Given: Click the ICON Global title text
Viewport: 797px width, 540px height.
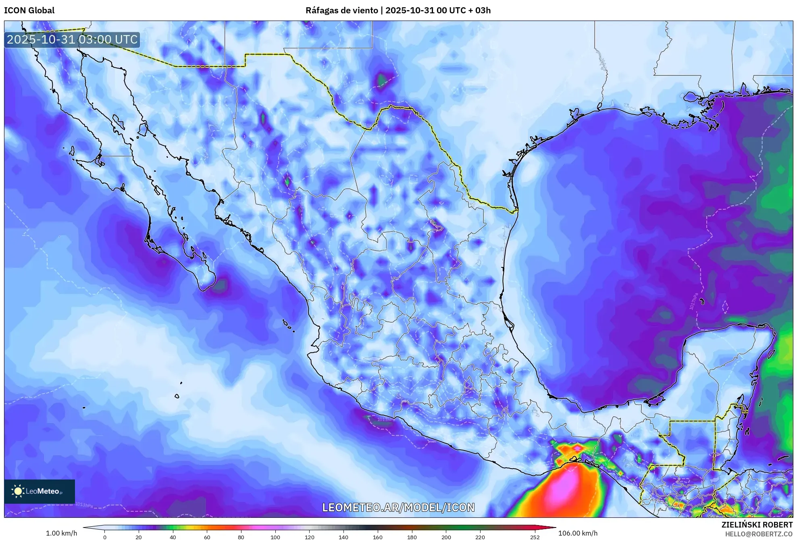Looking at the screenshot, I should coord(29,10).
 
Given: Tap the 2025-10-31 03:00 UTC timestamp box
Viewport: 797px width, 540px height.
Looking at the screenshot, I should coord(72,40).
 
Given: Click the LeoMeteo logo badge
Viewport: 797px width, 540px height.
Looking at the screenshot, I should coord(40,491).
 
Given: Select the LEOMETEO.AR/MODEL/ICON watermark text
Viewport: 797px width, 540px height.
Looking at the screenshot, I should coord(398,507).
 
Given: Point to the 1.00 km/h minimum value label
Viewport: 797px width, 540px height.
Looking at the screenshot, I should coord(61,533).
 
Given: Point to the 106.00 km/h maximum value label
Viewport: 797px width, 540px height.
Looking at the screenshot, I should coord(578,533).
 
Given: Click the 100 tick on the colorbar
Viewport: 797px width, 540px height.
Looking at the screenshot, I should coord(275,537).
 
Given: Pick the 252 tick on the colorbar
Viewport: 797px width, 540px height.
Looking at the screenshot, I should coord(535,537).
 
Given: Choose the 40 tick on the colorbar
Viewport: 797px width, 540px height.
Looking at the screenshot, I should coord(173,537).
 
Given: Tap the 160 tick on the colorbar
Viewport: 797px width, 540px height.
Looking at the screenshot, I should coord(378,537).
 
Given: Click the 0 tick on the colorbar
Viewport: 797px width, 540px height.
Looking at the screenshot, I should coord(105,537).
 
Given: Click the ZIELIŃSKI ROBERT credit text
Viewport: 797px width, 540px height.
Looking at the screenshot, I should coord(757,525).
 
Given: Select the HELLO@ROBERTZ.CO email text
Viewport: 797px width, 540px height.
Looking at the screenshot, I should coord(758,534).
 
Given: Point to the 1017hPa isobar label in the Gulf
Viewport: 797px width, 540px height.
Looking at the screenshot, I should coord(693,302).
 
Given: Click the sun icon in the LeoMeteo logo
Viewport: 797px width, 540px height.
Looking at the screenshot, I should coord(18,491).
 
